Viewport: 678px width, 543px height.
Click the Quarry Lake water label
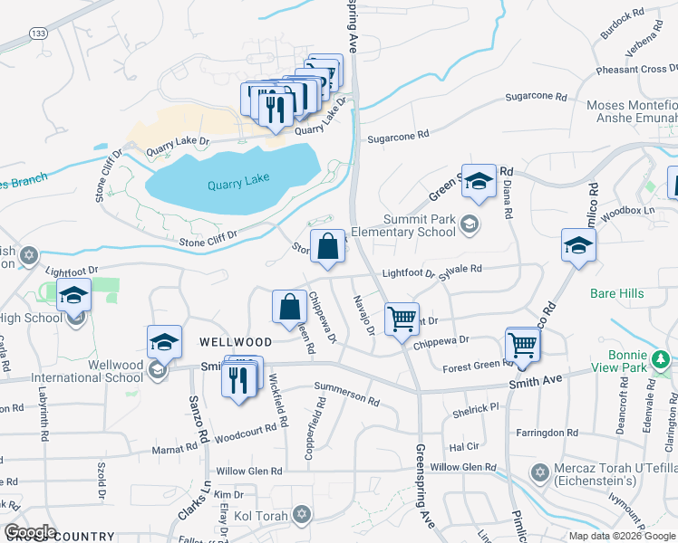[x=238, y=184]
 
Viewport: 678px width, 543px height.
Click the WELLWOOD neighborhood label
[x=236, y=342]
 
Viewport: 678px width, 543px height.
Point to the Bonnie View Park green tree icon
[x=663, y=360]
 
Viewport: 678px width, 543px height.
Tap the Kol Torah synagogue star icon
[x=302, y=515]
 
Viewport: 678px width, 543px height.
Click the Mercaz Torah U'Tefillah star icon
[x=539, y=472]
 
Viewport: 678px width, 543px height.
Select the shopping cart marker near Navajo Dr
[x=402, y=319]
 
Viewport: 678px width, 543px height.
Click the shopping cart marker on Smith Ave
[x=522, y=345]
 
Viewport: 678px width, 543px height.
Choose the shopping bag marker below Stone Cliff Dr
[x=328, y=246]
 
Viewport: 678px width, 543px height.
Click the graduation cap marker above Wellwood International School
[x=164, y=341]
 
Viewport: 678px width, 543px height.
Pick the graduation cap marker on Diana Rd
[x=478, y=184]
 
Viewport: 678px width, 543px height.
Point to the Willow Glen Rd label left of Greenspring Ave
[x=249, y=472]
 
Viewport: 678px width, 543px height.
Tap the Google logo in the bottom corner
[x=30, y=531]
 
